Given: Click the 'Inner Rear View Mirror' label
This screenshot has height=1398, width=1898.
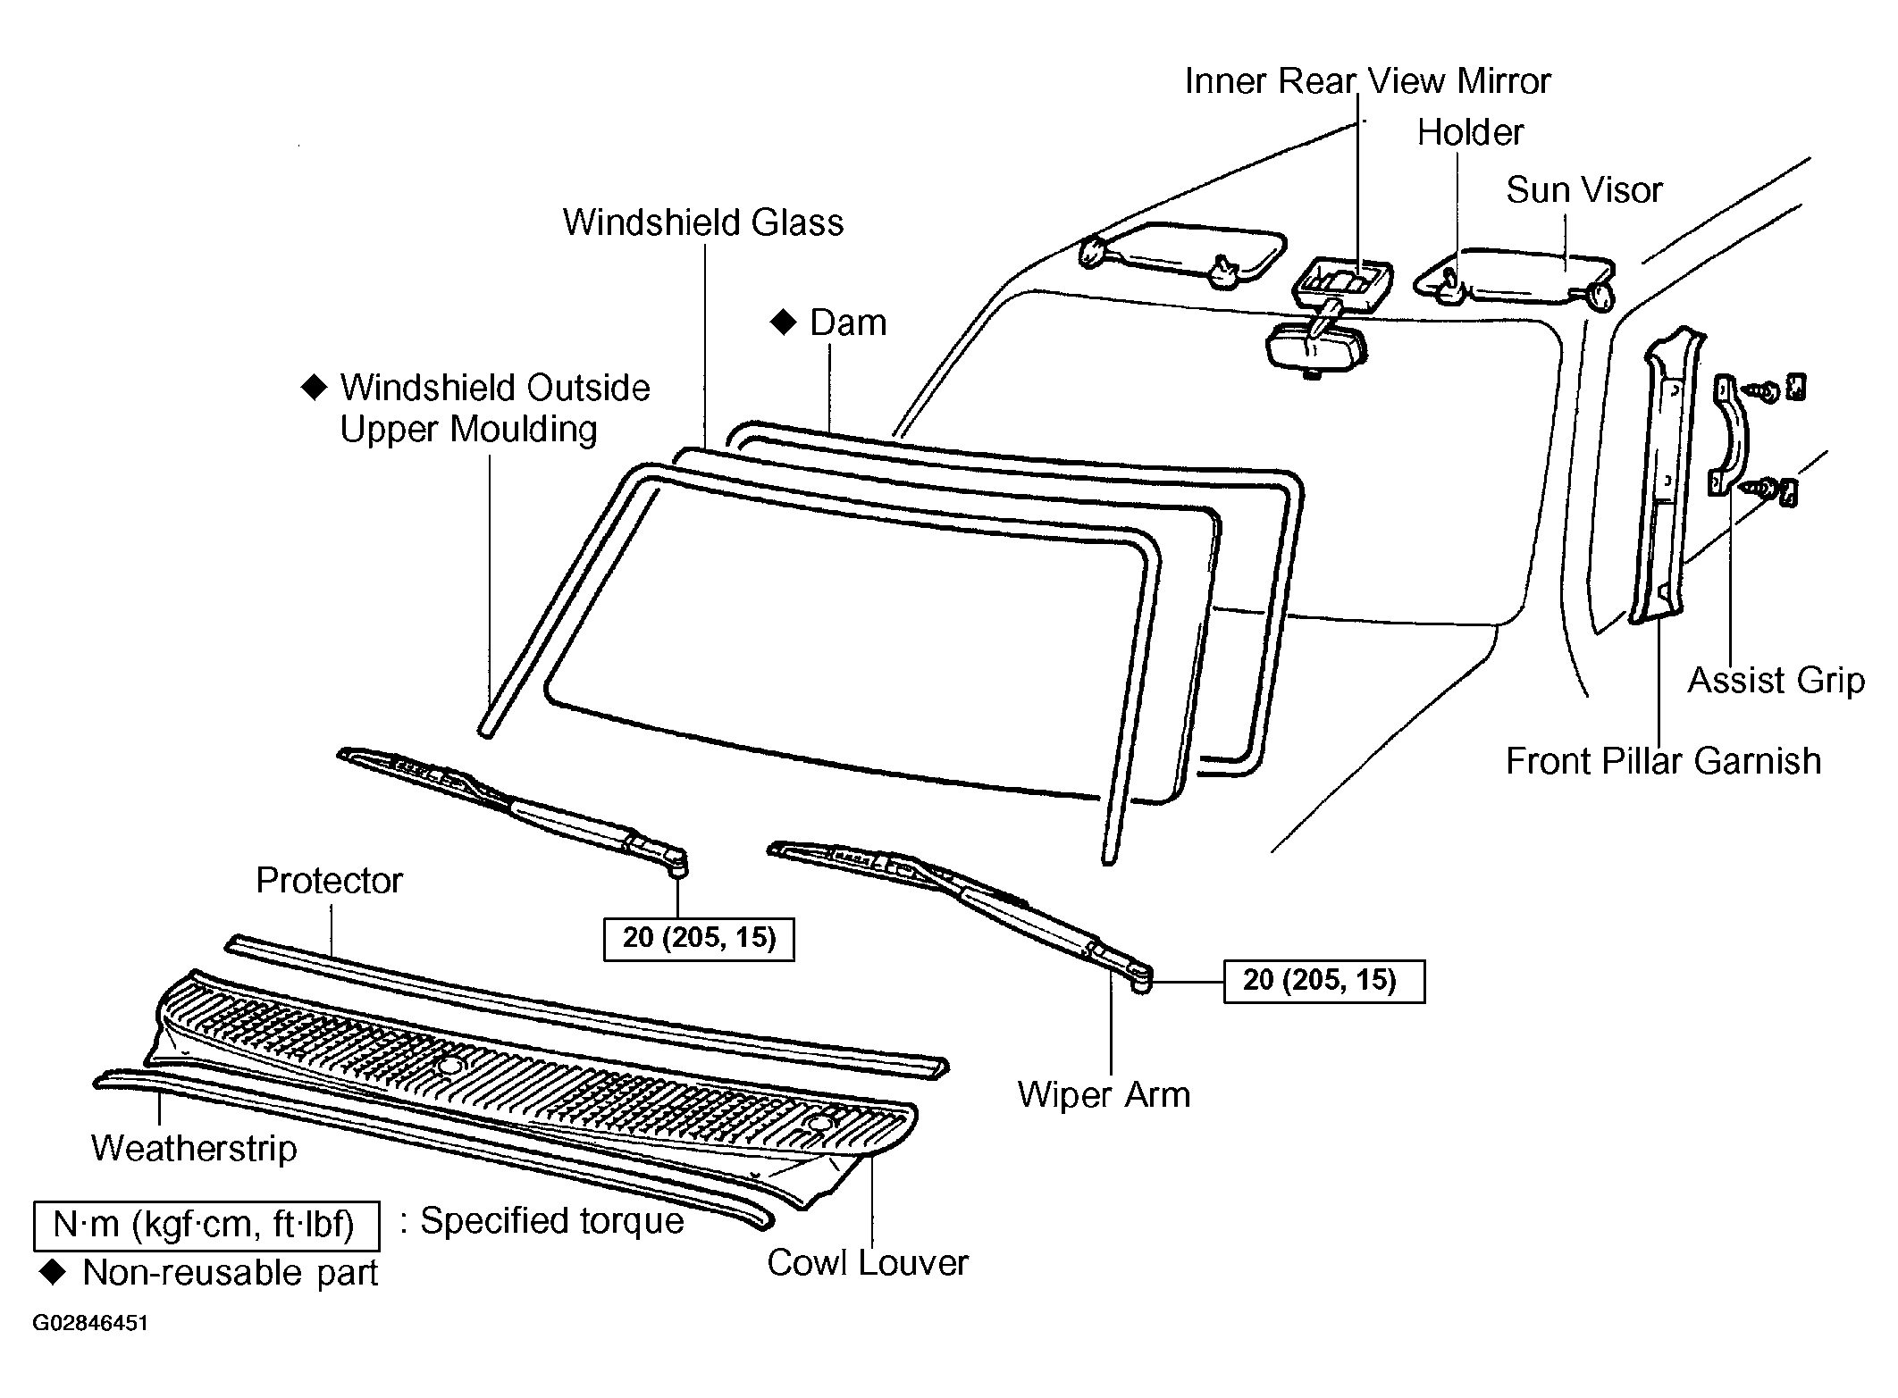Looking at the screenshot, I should pos(1367,81).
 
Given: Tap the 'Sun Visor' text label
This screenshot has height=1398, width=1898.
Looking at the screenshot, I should pos(1583,190).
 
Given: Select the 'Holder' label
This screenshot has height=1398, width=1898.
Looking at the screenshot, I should pos(1470,133).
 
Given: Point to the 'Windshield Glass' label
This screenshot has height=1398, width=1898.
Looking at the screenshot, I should pos(702,222).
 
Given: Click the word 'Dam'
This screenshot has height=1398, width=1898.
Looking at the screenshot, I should pos(848,323).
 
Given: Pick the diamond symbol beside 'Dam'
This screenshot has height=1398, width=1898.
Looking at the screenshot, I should pos(783,322).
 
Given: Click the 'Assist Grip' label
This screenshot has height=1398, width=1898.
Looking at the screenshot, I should pos(1776,682).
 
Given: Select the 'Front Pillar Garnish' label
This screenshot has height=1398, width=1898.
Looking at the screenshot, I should pos(1663,762).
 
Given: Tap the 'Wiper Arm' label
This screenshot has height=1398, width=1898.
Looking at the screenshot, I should pos(1104,1095).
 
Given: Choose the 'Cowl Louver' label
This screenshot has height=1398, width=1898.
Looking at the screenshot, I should pos(867,1263).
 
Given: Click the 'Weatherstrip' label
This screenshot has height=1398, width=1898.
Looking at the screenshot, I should pos(194,1149).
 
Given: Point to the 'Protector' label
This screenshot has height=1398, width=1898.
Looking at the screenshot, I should pos(329,881).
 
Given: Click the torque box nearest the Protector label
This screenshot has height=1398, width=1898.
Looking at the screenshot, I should pos(699,939).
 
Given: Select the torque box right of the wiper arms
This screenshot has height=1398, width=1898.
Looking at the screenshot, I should pos(1323,981).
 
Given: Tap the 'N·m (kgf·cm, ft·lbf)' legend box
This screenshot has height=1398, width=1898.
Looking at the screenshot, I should pos(206,1225).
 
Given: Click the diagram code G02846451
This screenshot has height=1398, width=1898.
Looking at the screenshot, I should pos(90,1323).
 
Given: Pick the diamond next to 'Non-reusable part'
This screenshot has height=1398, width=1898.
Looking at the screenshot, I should pos(54,1273).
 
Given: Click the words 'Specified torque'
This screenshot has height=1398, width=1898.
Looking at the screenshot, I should pos(551,1221).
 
